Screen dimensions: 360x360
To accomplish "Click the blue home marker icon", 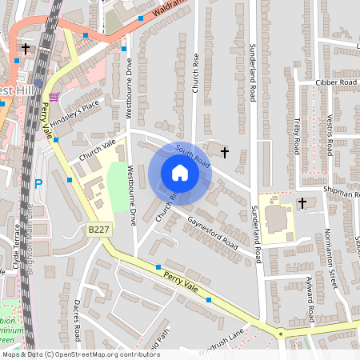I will coord(180,173).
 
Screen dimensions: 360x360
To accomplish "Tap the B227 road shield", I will coord(98,230).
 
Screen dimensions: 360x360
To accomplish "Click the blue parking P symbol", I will coord(38,184).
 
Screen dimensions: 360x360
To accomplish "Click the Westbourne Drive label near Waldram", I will coord(129,85).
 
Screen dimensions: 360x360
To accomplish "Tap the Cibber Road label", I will coord(336,82).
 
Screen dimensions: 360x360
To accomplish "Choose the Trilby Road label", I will coord(296,134).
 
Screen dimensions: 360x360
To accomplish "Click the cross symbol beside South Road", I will coord(225,151).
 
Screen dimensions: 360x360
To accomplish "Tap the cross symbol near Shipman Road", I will coord(302,203).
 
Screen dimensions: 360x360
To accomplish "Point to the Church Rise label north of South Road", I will coord(194,73).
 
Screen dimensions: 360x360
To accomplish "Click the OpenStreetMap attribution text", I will coord(80,354).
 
